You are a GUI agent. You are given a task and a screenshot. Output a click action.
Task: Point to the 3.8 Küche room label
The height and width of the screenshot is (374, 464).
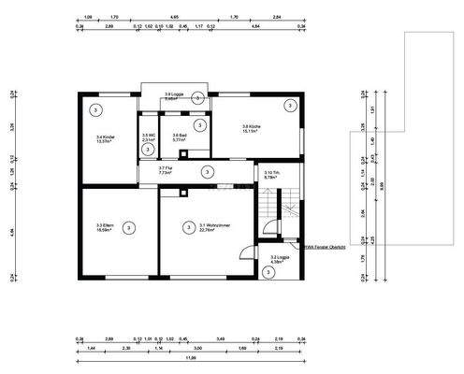click(256, 129)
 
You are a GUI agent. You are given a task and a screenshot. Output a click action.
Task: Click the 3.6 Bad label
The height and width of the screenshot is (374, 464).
click(181, 139)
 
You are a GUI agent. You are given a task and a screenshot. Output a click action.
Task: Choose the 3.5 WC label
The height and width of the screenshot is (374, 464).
click(148, 139)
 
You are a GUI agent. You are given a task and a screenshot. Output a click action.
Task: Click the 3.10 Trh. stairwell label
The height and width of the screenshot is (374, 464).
click(272, 175)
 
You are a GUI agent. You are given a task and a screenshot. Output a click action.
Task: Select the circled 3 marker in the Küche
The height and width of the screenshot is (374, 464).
click(290, 108)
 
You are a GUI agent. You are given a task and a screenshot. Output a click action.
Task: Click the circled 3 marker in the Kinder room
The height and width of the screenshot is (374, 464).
click(95, 109)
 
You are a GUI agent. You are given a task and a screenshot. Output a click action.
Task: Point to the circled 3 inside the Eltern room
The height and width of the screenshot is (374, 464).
click(128, 227)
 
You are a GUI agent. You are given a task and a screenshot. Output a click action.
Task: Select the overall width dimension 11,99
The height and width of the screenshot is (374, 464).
click(190, 357)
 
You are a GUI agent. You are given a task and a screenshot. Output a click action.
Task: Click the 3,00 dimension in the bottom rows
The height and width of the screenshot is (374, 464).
click(197, 347)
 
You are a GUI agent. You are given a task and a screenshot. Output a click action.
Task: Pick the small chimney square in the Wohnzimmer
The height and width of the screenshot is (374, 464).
click(183, 194)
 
